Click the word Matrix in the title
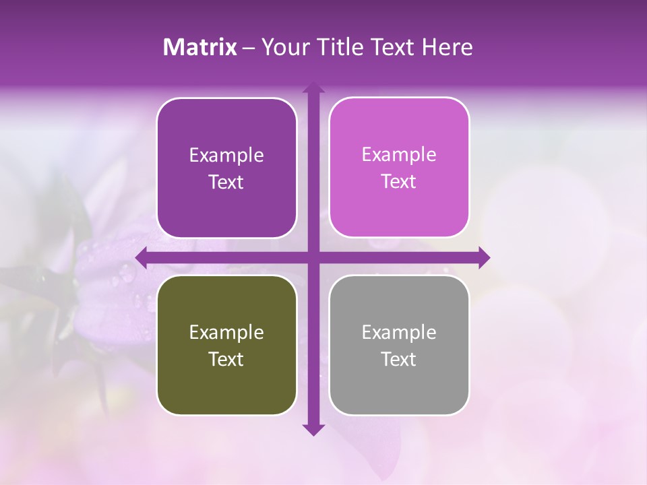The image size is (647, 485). point(199,47)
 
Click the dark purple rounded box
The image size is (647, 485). point(226,168)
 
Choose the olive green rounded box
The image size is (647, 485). point(226,345)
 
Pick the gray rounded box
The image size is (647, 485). point(399,345)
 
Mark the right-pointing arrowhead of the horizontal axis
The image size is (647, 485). point(483,257)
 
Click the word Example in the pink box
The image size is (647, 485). point(399,155)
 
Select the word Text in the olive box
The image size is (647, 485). point(226,359)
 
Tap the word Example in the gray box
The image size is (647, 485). point(399,332)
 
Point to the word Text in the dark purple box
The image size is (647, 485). point(226,182)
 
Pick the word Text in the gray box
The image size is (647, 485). point(399,359)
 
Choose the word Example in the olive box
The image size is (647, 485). point(226,332)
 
